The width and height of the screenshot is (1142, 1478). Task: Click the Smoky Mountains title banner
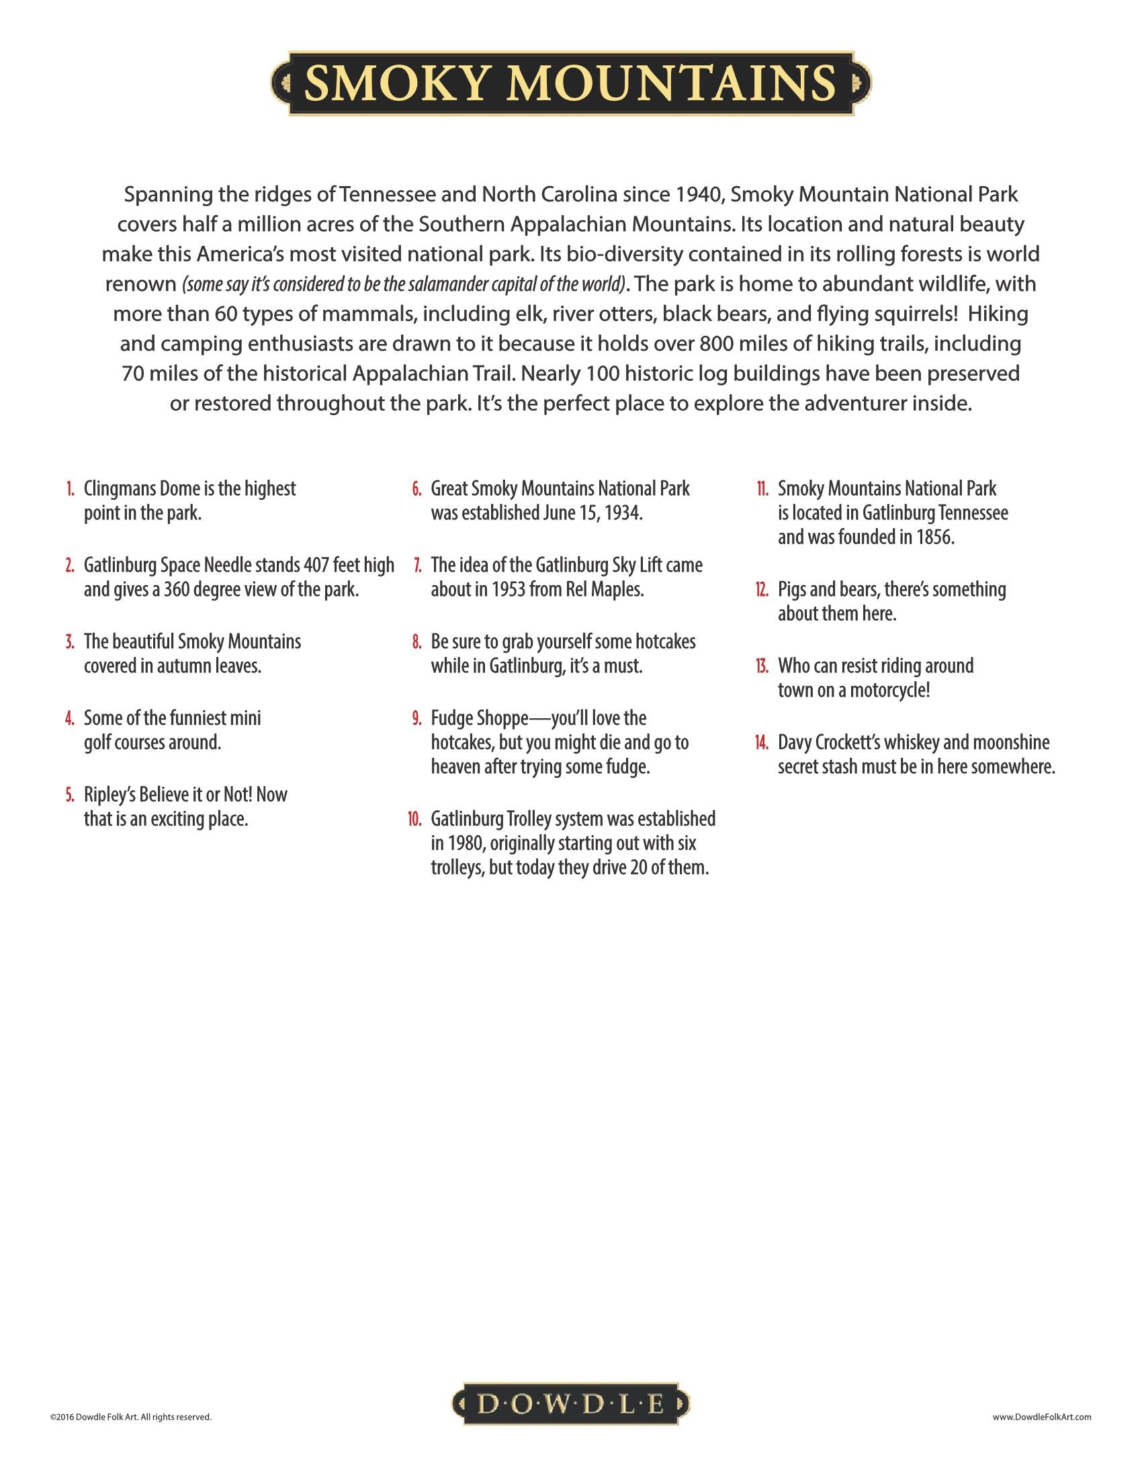point(570,83)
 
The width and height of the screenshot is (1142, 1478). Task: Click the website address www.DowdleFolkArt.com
point(1041,1417)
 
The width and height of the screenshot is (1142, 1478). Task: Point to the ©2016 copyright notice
point(130,1417)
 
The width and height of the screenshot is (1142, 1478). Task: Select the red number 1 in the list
point(70,488)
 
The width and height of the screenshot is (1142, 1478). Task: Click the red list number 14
point(762,742)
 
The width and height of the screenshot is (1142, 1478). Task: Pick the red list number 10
point(414,819)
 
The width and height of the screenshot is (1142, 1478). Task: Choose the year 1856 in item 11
point(935,537)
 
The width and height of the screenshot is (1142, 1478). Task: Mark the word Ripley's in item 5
point(109,795)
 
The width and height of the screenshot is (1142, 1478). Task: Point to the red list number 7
point(417,565)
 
